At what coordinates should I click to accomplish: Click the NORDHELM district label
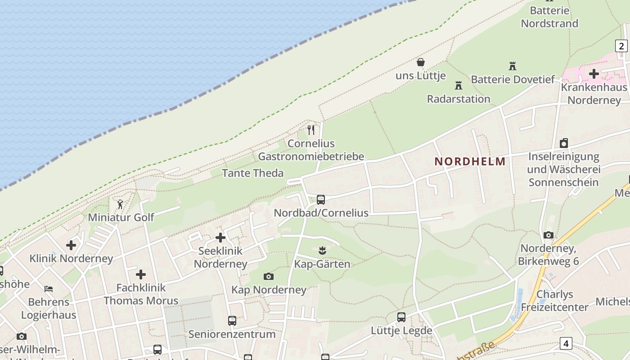tap(470, 162)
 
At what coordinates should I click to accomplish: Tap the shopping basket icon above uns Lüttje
tap(421, 62)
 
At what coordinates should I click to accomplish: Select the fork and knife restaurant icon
tap(311, 130)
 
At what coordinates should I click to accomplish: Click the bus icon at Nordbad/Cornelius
tap(321, 199)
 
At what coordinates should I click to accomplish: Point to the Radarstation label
tap(459, 99)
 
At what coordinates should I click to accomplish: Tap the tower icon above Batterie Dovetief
tap(512, 66)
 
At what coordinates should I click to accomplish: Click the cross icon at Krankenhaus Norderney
tap(594, 73)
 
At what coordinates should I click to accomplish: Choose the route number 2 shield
tap(621, 46)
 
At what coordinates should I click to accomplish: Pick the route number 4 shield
tap(566, 344)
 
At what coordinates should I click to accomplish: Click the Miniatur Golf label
tap(121, 217)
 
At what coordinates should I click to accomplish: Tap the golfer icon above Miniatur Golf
tap(120, 205)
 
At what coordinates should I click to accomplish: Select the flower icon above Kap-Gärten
tap(322, 250)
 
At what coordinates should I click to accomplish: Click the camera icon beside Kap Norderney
tap(269, 276)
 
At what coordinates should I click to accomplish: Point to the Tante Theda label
tap(253, 173)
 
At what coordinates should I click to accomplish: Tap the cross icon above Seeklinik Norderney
tap(220, 238)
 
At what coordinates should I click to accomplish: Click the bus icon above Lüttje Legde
tap(401, 317)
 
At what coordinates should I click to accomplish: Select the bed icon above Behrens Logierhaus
tap(49, 288)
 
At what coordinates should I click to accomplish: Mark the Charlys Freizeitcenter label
tap(554, 301)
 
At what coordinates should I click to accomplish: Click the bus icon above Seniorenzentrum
tap(232, 321)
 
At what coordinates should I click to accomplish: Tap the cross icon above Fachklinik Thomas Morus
tap(141, 274)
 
